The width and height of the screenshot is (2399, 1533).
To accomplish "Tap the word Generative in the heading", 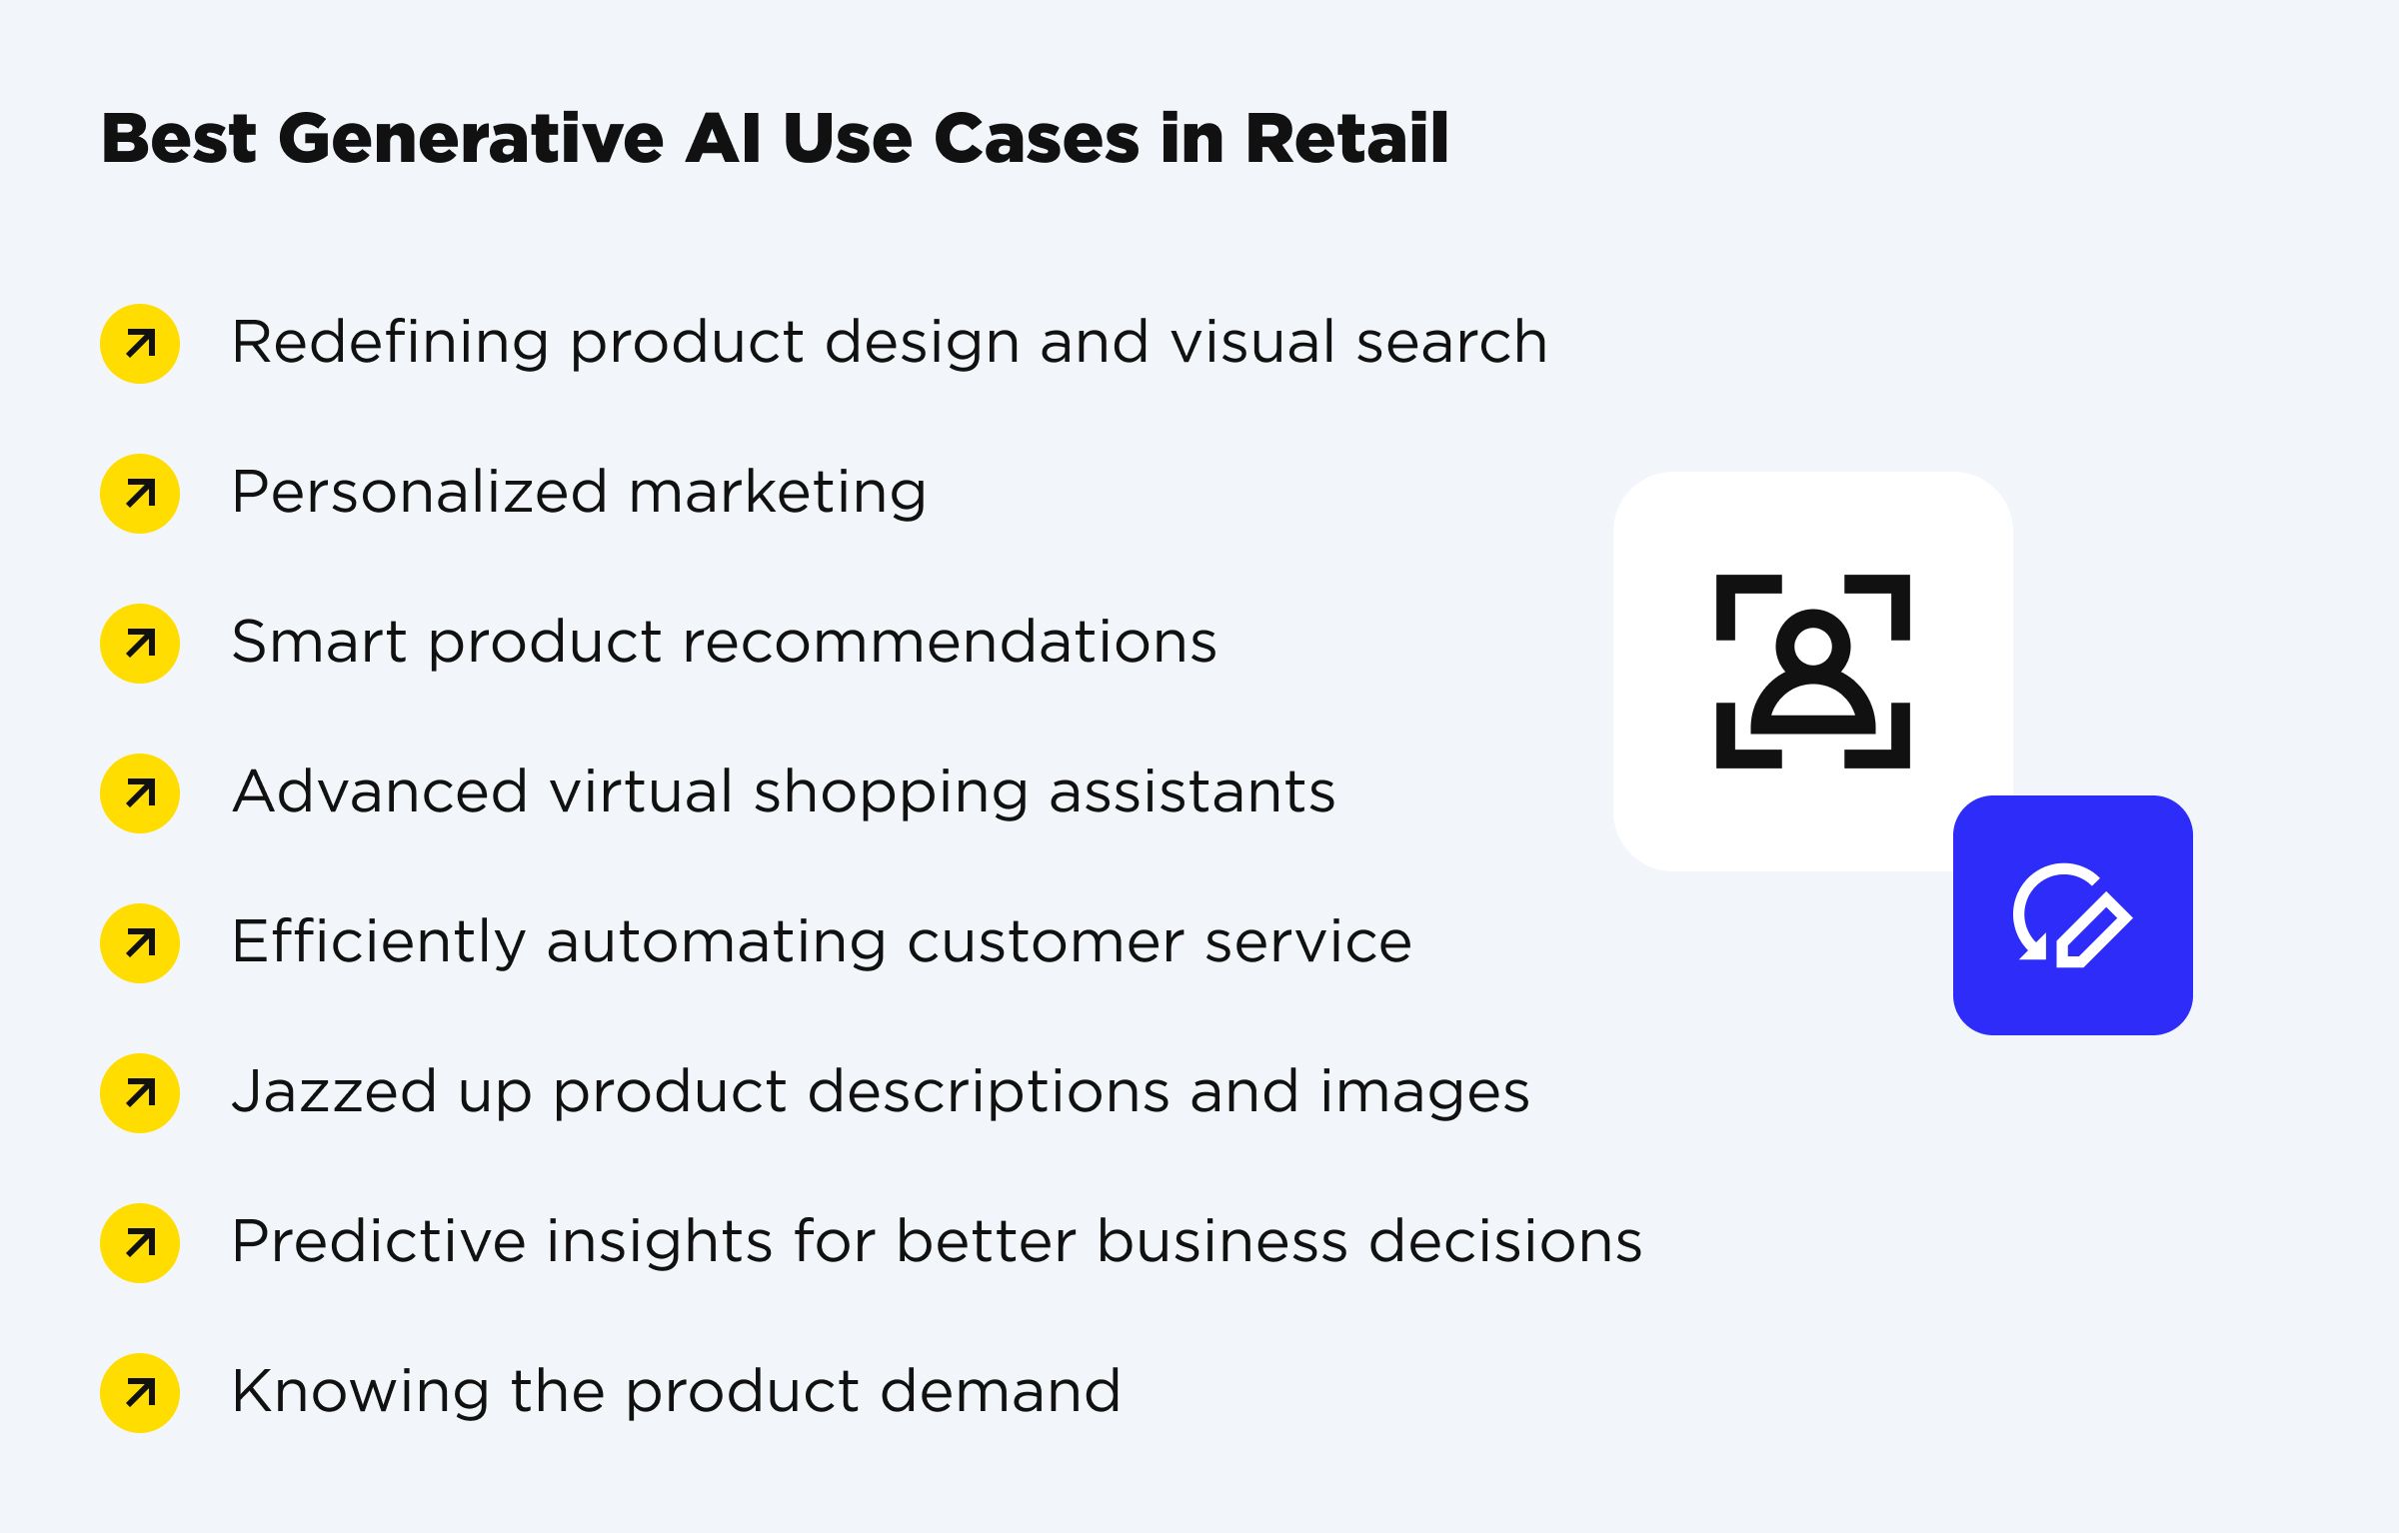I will coord(470,138).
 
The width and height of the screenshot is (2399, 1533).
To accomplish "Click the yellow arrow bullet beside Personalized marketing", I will coord(140,494).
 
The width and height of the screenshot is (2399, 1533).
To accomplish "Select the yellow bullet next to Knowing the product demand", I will coord(140,1393).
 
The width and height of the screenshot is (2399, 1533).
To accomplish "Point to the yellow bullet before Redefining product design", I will coord(140,344).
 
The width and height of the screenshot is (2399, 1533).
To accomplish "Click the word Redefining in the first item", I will coord(390,343).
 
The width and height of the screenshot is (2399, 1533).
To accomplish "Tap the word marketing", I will coord(778,493).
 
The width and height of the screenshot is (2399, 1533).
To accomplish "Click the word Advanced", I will coord(380,792).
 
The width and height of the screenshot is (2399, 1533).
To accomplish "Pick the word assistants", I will coord(1192,792).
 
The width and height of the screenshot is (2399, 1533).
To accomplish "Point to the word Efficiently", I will coord(378,942).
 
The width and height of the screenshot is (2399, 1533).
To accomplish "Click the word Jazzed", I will coord(334,1091).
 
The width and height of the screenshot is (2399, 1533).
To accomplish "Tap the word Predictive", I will coord(378,1242).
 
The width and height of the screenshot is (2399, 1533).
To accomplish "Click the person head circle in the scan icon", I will coord(1812,646).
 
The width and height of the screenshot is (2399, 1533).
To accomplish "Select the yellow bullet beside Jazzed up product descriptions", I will coord(140,1093).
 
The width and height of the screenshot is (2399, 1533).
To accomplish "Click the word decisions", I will coord(1504,1242).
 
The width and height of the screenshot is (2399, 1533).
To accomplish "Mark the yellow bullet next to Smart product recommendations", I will coord(140,644).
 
